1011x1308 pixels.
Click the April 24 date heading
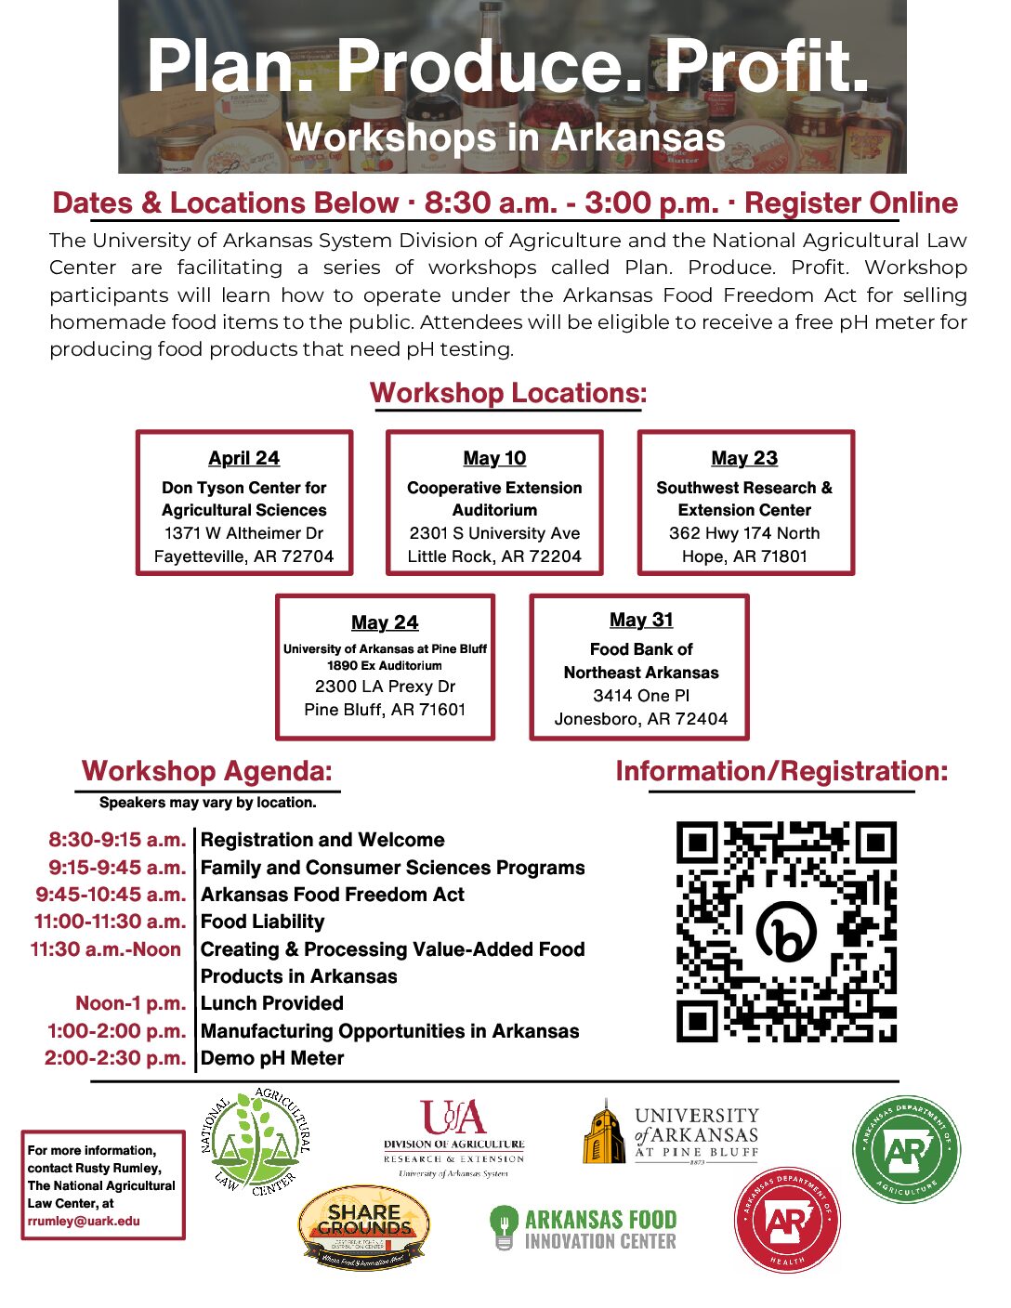[x=243, y=458]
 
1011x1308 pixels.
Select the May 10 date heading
[x=494, y=458]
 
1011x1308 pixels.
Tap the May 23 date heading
[x=744, y=458]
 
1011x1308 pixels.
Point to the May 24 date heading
[x=385, y=622]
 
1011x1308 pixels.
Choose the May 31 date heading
[x=641, y=620]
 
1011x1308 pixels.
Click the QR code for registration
[x=786, y=931]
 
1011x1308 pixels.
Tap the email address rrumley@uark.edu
[x=84, y=1221]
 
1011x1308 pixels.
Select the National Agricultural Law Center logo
[x=256, y=1142]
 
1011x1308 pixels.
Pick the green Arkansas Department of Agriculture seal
[x=906, y=1149]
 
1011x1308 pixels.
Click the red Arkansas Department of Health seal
[x=787, y=1221]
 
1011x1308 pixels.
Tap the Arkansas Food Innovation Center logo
[x=584, y=1228]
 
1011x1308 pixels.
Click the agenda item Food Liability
[x=263, y=922]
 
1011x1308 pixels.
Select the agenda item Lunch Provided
[x=272, y=1003]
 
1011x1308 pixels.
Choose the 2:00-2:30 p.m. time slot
[x=115, y=1058]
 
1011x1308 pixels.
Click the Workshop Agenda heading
[x=206, y=771]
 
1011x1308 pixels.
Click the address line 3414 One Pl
[x=641, y=696]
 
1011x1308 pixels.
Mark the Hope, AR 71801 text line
[x=744, y=556]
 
